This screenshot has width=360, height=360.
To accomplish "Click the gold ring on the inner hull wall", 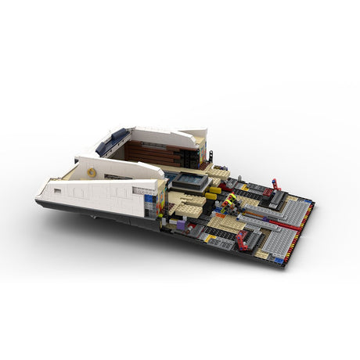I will click(92, 171).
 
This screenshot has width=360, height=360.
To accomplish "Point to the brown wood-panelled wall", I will click(149, 152).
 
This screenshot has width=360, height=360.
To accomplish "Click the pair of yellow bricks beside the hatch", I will click(213, 192).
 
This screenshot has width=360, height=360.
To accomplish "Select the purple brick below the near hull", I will click(181, 223).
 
